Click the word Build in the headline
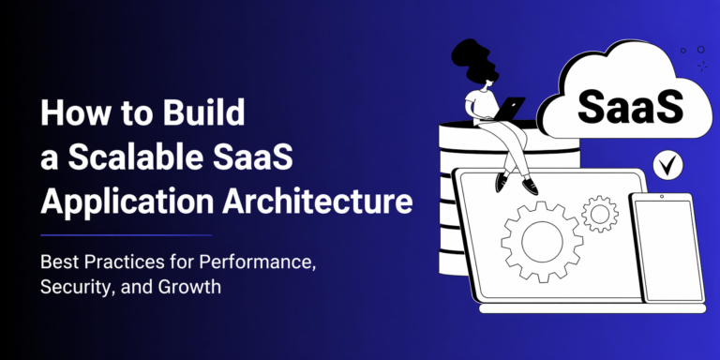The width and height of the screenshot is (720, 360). (204, 112)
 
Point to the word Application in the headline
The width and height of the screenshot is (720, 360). (127, 202)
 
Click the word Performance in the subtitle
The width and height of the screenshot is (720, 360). (258, 262)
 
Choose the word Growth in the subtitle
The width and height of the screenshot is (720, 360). (189, 287)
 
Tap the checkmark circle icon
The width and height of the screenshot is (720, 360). (667, 165)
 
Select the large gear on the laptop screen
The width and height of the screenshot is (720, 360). (542, 241)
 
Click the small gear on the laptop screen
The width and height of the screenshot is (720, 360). (600, 214)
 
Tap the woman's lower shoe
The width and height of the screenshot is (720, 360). (530, 186)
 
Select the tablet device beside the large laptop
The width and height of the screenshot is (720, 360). (667, 247)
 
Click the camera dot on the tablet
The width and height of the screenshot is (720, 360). (662, 197)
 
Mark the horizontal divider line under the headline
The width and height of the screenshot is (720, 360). (126, 235)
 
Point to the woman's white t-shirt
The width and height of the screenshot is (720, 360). (480, 103)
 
